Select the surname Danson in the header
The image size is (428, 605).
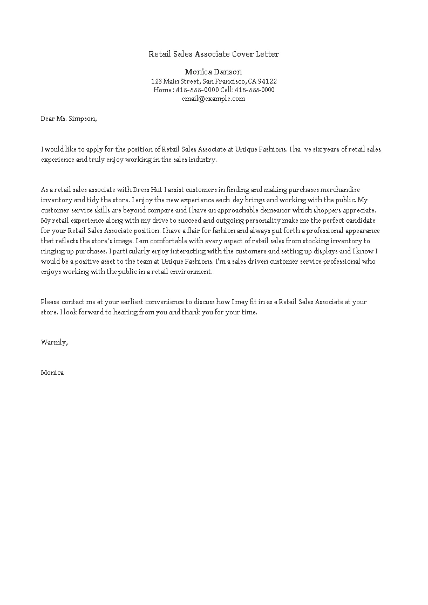(227, 72)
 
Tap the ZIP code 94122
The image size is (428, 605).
(268, 81)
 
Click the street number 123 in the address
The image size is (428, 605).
(156, 81)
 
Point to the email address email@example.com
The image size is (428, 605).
(213, 99)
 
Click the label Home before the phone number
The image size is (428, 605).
(162, 90)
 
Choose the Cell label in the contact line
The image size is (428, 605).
(226, 90)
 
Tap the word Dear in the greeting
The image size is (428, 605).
(47, 119)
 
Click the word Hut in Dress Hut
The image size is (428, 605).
(155, 190)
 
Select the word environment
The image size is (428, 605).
(189, 272)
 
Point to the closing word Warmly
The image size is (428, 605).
(54, 342)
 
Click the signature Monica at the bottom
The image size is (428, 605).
(52, 373)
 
